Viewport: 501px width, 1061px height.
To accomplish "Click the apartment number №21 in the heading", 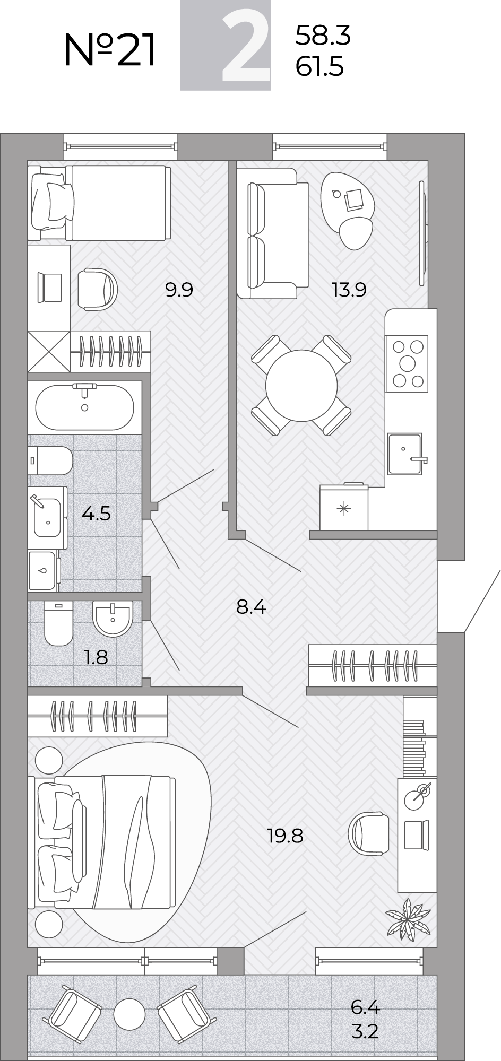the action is [110, 49].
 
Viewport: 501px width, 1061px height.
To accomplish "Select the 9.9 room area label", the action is [179, 290].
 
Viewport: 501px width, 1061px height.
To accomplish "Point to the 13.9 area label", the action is [349, 290].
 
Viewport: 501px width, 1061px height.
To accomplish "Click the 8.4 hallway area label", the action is [251, 606].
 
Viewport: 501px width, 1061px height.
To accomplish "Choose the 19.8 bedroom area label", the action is [285, 836].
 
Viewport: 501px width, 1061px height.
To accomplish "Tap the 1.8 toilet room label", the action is [96, 657].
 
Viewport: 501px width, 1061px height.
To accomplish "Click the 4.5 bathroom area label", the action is [96, 514].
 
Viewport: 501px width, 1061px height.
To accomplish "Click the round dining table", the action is [301, 386].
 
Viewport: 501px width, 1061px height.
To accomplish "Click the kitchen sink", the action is [405, 454].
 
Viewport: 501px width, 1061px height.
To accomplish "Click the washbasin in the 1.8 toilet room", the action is [112, 619].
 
